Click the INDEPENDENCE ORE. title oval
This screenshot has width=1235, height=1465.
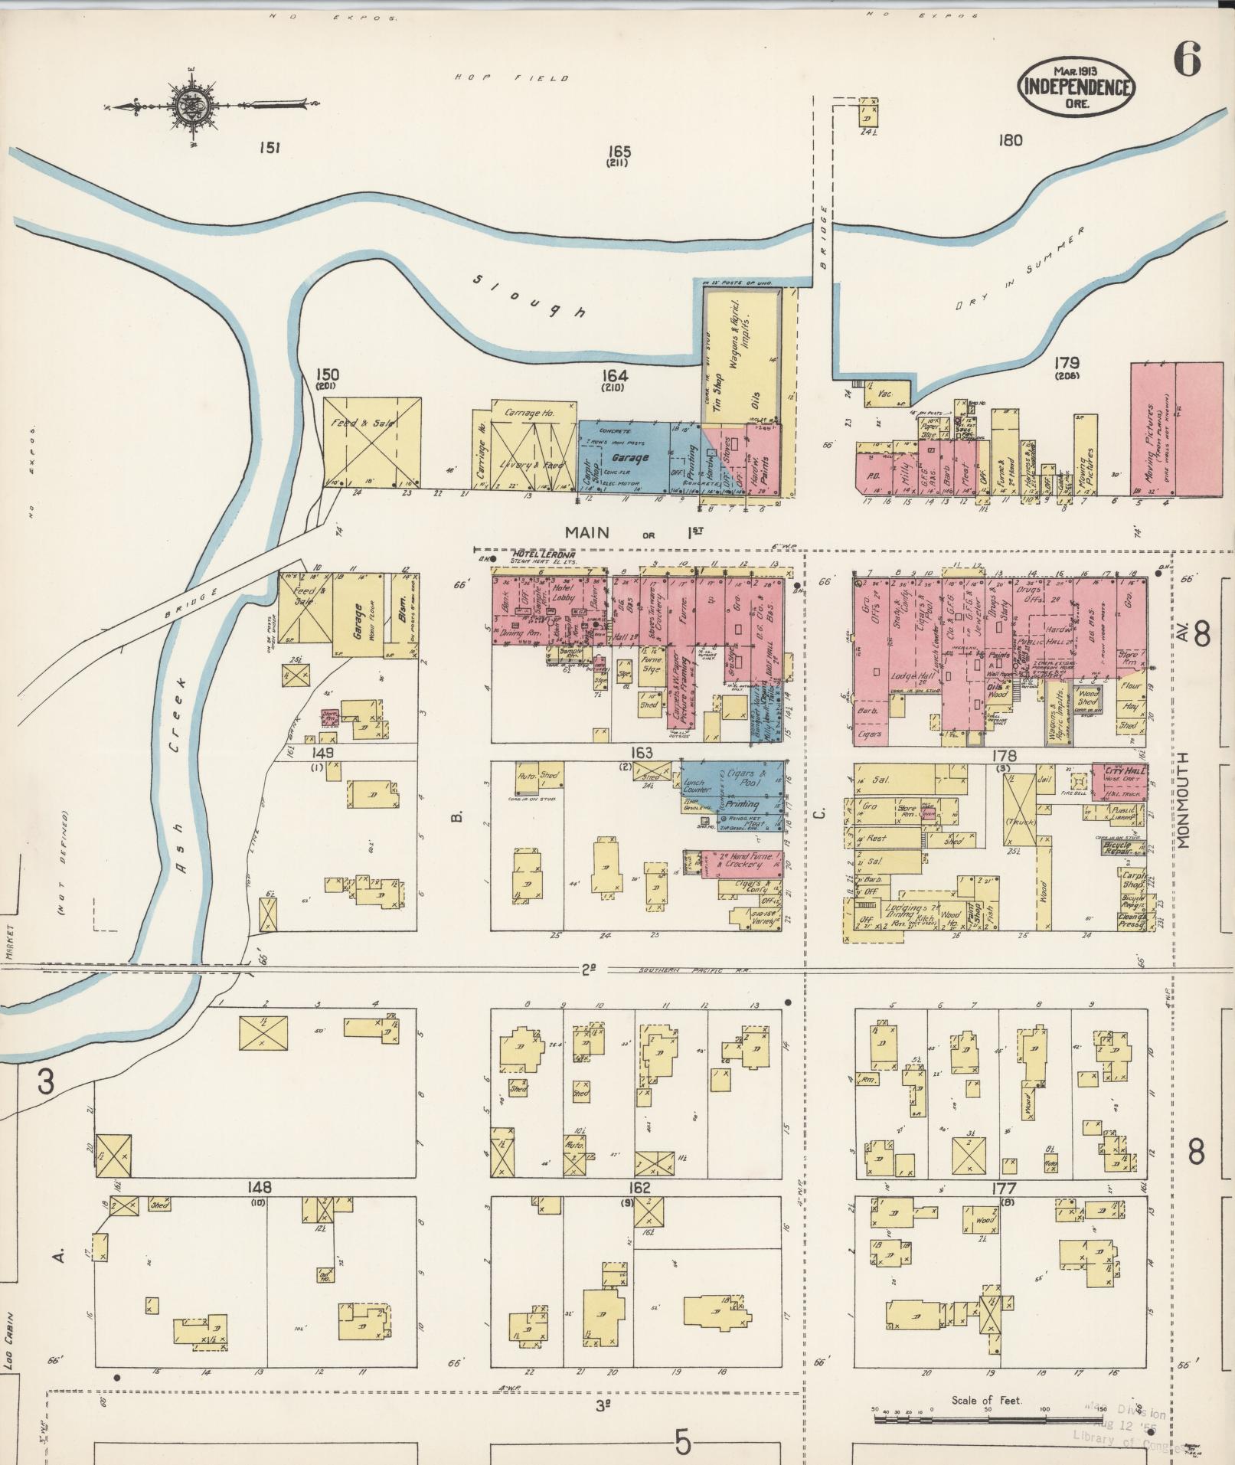tap(1076, 87)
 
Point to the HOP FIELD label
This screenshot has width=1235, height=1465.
tap(511, 78)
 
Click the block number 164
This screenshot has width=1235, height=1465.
tap(614, 375)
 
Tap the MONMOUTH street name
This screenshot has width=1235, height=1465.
tap(1184, 798)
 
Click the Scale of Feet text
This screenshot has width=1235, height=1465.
tap(986, 1400)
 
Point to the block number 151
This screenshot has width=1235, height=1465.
tap(269, 148)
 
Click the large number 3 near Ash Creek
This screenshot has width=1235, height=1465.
tap(47, 1082)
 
